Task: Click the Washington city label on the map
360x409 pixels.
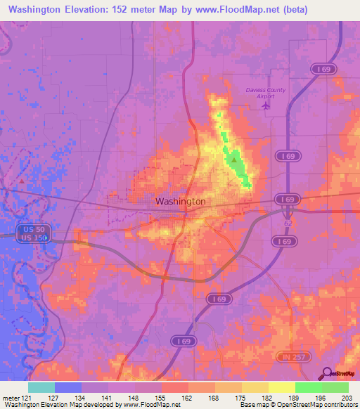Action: tap(180, 201)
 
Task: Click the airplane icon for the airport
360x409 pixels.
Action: tap(265, 105)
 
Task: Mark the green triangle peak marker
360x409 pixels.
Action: tap(233, 160)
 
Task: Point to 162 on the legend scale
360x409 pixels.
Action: tap(188, 397)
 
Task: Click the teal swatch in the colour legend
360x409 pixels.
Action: tap(41, 387)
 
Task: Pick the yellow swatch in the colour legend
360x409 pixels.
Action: tap(281, 387)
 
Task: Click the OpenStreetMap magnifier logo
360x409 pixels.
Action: tap(326, 373)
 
